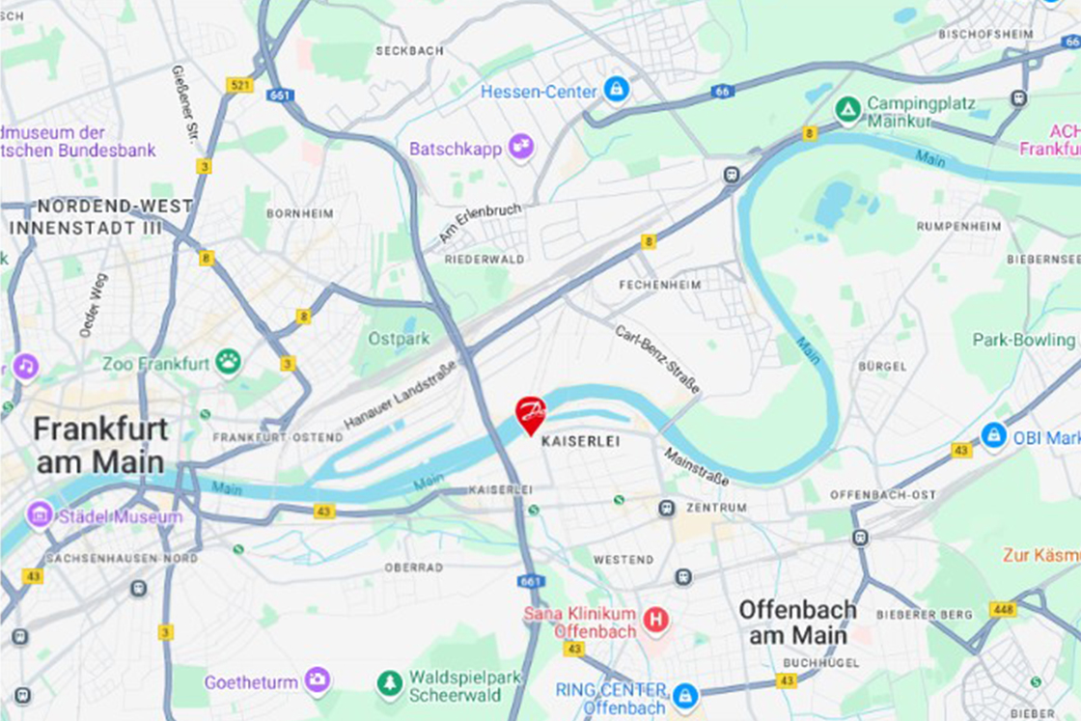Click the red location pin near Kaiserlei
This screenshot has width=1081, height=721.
pos(530,414)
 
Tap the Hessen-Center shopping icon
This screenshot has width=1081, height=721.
pos(616,91)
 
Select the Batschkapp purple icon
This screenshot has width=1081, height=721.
pos(521,148)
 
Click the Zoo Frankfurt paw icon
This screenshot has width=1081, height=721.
pos(228,363)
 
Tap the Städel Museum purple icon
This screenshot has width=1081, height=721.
pos(40,514)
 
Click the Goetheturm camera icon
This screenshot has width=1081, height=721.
pos(317,680)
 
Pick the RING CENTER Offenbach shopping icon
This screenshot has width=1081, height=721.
pos(684,695)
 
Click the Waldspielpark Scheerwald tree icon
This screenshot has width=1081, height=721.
pos(390,684)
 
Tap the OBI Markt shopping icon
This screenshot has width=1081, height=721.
pos(994,436)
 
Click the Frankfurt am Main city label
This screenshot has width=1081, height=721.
pos(100,445)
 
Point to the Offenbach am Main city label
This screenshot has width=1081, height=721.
pos(797,622)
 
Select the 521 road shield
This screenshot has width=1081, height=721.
pos(239,85)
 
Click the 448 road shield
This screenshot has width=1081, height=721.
pos(1002,609)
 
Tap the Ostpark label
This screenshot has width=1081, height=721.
pos(399,339)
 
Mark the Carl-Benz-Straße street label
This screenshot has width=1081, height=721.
pos(657,359)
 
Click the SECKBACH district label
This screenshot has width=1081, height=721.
pos(409,50)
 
